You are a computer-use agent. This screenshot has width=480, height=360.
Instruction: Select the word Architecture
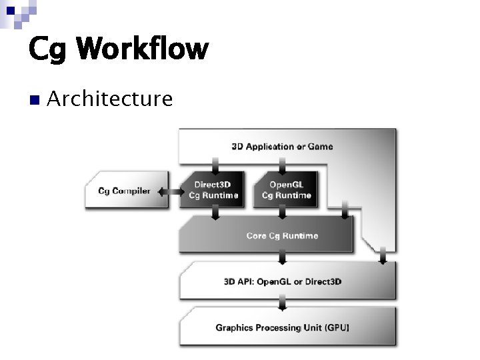[x=110, y=99]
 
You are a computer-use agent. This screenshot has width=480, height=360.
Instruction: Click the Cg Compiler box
[x=124, y=191]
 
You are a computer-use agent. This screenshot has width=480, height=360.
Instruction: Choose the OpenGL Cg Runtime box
[x=285, y=190]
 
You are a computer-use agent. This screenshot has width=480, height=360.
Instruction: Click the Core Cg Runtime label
[x=282, y=236]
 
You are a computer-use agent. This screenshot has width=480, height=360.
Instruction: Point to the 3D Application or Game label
[x=282, y=147]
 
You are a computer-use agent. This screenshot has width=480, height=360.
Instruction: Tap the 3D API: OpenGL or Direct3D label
[x=282, y=281]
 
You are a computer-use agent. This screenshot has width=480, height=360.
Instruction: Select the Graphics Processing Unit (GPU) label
[x=282, y=327]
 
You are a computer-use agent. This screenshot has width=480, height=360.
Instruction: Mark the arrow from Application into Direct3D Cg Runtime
[x=215, y=165]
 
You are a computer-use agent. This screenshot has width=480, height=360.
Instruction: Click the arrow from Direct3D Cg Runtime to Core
[x=215, y=213]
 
